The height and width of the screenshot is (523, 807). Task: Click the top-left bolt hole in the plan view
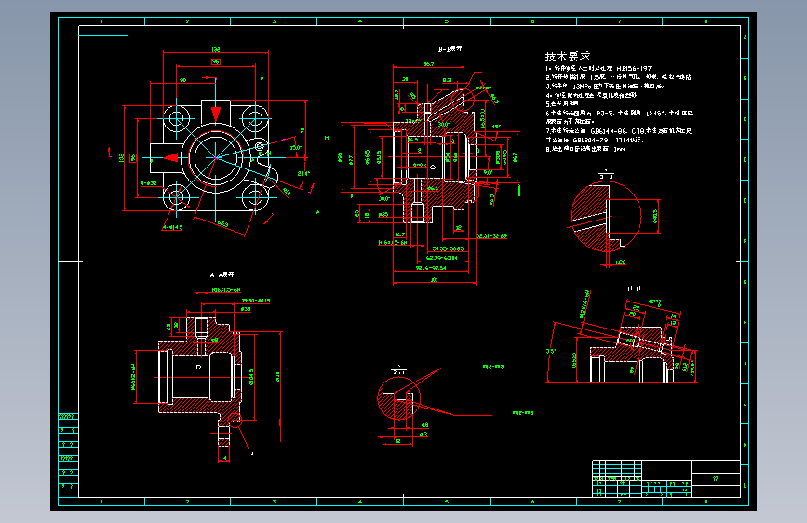coord(174,118)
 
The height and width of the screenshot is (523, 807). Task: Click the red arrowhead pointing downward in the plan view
coord(215,113)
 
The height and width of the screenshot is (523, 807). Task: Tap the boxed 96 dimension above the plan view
coord(215,61)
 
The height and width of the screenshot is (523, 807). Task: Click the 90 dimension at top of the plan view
coord(182,80)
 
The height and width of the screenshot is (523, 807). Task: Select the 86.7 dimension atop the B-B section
coord(428,64)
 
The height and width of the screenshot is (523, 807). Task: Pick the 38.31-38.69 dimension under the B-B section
coord(492,236)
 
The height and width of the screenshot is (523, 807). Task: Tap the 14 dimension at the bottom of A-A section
coord(222,457)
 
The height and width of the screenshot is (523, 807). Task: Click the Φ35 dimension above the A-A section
coord(247,308)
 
